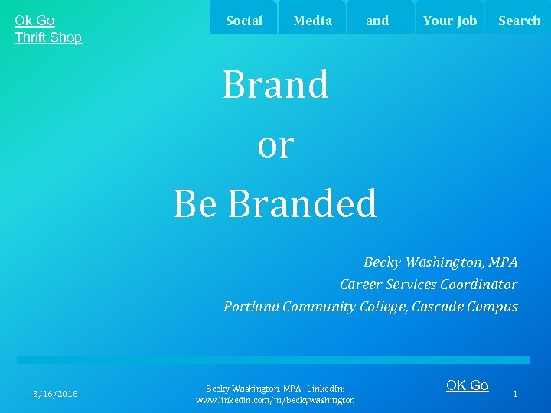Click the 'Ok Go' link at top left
pos(34,21)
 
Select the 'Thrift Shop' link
pos(48,37)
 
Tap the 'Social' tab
pos(244,21)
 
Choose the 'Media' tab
pos(312,21)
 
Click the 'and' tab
pos(377,21)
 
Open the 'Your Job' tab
pos(450,21)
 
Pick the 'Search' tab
pos(519,21)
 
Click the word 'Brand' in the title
pos(275,85)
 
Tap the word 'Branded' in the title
pos(302,203)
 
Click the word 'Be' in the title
pos(196,203)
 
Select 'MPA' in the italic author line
pos(502,262)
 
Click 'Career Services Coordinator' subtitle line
pos(429,285)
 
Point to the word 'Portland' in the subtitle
pos(251,307)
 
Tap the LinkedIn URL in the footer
pos(275,400)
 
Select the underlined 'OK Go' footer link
pos(467,385)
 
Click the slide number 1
pos(515,394)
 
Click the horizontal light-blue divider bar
pos(273,360)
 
